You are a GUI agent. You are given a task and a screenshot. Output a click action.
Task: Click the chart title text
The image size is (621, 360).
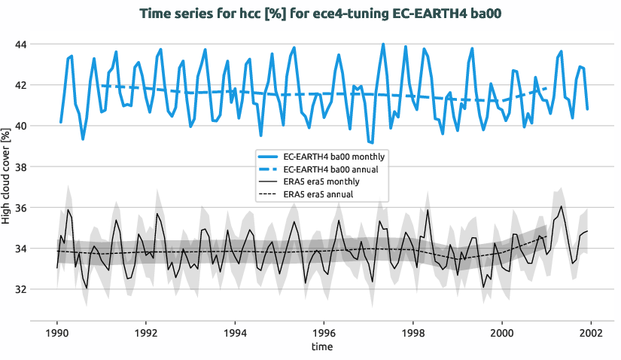click(x=310, y=13)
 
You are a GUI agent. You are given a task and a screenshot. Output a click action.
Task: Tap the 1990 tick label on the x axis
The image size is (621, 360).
click(x=56, y=332)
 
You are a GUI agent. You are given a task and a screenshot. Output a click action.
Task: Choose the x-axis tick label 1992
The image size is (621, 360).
click(x=145, y=332)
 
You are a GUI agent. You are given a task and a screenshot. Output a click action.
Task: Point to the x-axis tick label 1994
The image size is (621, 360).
click(x=235, y=332)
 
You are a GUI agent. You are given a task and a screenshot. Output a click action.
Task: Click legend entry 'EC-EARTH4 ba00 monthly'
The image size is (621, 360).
click(x=335, y=157)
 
